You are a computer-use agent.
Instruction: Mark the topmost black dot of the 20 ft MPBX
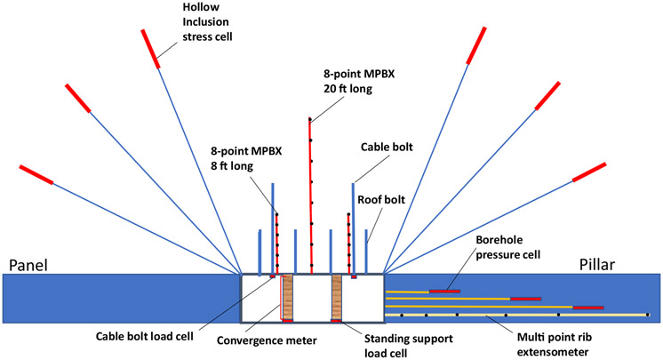tap(309, 119)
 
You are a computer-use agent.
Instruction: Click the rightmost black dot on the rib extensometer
tap(647, 315)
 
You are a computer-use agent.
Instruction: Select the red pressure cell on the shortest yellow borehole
tap(444, 291)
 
